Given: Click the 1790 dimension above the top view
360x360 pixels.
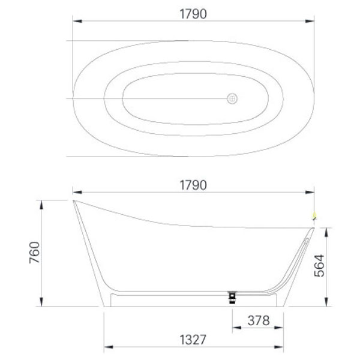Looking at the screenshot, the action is pyautogui.click(x=193, y=14).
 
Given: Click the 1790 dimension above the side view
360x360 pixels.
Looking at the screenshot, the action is pyautogui.click(x=193, y=185).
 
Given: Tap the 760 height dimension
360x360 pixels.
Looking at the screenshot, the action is pyautogui.click(x=35, y=253).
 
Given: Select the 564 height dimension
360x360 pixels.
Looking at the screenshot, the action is pyautogui.click(x=319, y=266).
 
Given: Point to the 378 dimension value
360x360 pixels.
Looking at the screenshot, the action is pyautogui.click(x=259, y=320).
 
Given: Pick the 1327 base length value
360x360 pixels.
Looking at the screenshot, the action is pyautogui.click(x=193, y=340).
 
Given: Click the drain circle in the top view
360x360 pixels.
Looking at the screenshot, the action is pyautogui.click(x=232, y=99).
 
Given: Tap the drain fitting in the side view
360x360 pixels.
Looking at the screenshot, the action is pyautogui.click(x=232, y=298).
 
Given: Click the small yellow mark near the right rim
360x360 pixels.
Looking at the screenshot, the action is pyautogui.click(x=314, y=215).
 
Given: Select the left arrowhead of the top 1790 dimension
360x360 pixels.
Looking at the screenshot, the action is pyautogui.click(x=77, y=21).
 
